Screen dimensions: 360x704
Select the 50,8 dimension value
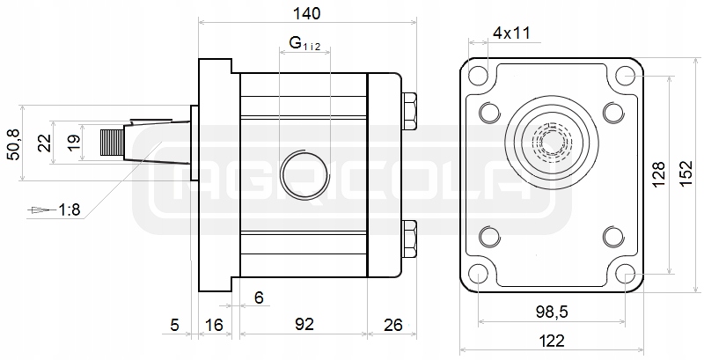[x=11, y=143]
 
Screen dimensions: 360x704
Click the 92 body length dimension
[x=304, y=324]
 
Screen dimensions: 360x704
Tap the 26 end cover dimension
[x=393, y=324]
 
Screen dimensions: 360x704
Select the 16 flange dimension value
[x=214, y=324]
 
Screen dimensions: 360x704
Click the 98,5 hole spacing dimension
[x=551, y=309]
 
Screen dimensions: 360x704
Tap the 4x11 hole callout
[x=511, y=33]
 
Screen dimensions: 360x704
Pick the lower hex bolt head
[x=408, y=237]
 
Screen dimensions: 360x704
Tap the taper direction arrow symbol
[x=38, y=210]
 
